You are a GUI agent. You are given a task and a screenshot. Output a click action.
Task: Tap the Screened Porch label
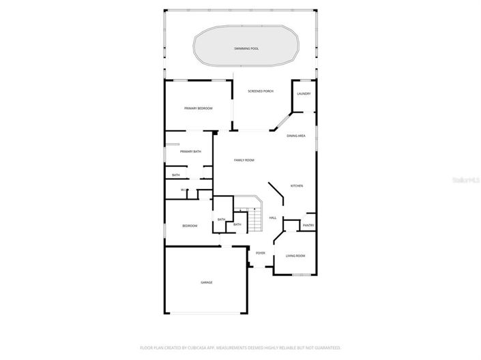260,91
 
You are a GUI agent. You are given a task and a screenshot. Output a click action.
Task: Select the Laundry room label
304,93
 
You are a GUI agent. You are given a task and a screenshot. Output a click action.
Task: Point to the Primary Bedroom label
199,108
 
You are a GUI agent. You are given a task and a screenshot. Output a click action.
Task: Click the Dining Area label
295,136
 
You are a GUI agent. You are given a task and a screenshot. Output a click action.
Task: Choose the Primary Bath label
191,151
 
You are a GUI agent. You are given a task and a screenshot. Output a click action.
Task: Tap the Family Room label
244,160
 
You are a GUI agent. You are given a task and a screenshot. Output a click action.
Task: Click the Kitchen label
297,185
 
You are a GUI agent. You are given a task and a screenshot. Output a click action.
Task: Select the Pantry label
308,225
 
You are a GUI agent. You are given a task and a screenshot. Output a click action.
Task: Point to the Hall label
272,217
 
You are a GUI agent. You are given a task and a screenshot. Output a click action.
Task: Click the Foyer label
261,253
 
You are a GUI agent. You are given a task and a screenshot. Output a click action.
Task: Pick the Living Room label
295,256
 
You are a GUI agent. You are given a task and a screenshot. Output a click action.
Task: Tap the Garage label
206,282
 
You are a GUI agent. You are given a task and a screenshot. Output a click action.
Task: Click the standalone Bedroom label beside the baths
190,226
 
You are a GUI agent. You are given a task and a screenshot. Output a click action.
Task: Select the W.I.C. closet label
184,190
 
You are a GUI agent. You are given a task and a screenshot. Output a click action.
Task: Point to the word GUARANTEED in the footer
326,347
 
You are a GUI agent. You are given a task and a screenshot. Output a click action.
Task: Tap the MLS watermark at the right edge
471,180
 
